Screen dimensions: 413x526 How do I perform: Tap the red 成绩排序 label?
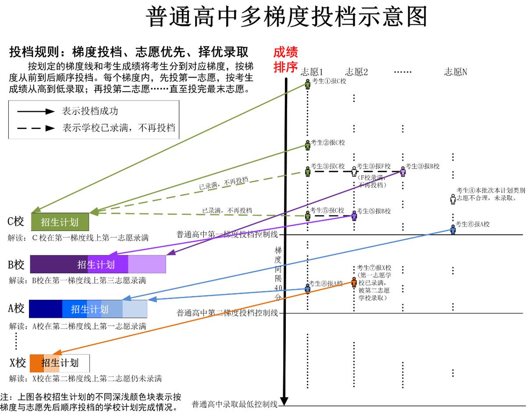pos(286,60)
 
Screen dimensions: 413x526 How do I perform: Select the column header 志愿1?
pos(312,72)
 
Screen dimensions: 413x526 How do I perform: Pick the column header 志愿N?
pos(455,72)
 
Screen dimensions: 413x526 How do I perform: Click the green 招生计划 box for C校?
pos(60,222)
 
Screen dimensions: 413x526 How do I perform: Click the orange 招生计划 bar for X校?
pos(60,363)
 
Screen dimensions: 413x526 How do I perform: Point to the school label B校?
pos(16,265)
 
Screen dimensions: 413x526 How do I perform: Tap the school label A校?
pos(16,309)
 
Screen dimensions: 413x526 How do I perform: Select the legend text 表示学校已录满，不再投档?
pos(119,128)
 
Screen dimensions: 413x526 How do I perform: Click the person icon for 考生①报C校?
pos(308,84)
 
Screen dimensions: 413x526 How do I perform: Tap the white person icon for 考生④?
pos(453,199)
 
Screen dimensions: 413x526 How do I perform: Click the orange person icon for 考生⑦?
pos(354,281)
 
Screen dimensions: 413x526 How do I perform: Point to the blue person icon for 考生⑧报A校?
pos(308,288)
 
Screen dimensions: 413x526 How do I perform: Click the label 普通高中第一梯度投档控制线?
pos(227,234)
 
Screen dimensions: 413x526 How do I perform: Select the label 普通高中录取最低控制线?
pos(235,404)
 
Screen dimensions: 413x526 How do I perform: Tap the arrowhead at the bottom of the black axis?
pos(284,401)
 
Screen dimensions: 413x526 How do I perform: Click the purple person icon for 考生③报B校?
pos(403,171)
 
